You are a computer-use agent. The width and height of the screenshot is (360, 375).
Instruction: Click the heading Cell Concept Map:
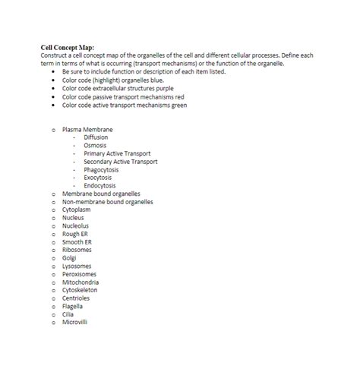click(x=68, y=47)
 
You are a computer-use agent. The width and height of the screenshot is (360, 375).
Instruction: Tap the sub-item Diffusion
click(x=96, y=137)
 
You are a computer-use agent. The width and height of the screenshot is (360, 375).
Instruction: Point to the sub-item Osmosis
click(x=95, y=146)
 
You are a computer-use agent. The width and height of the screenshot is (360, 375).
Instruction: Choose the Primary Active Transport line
click(x=118, y=153)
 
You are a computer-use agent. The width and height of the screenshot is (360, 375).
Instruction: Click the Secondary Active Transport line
click(x=121, y=162)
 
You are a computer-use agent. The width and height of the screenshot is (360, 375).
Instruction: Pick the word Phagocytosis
click(x=102, y=170)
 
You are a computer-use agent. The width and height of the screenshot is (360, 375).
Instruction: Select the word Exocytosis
click(x=98, y=178)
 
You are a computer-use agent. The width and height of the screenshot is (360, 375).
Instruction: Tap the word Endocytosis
click(x=99, y=186)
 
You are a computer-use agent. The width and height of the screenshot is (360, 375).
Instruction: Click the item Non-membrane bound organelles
click(x=107, y=202)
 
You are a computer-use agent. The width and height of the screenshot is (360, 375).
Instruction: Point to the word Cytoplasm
click(x=76, y=210)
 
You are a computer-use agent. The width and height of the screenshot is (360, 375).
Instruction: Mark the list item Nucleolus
click(x=75, y=225)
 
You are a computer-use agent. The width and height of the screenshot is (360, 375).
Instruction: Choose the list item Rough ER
click(x=75, y=234)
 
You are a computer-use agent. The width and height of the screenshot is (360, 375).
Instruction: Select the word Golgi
click(x=69, y=257)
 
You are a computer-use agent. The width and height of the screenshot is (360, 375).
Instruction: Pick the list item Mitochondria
click(x=81, y=282)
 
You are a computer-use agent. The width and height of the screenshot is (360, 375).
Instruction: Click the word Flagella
click(x=73, y=306)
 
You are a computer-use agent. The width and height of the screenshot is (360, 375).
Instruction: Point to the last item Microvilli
click(x=75, y=322)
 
